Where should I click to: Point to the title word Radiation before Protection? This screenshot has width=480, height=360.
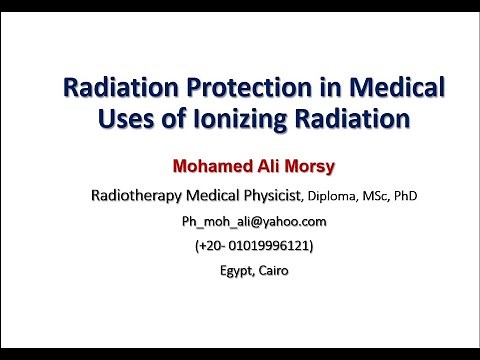coord(111,89)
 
